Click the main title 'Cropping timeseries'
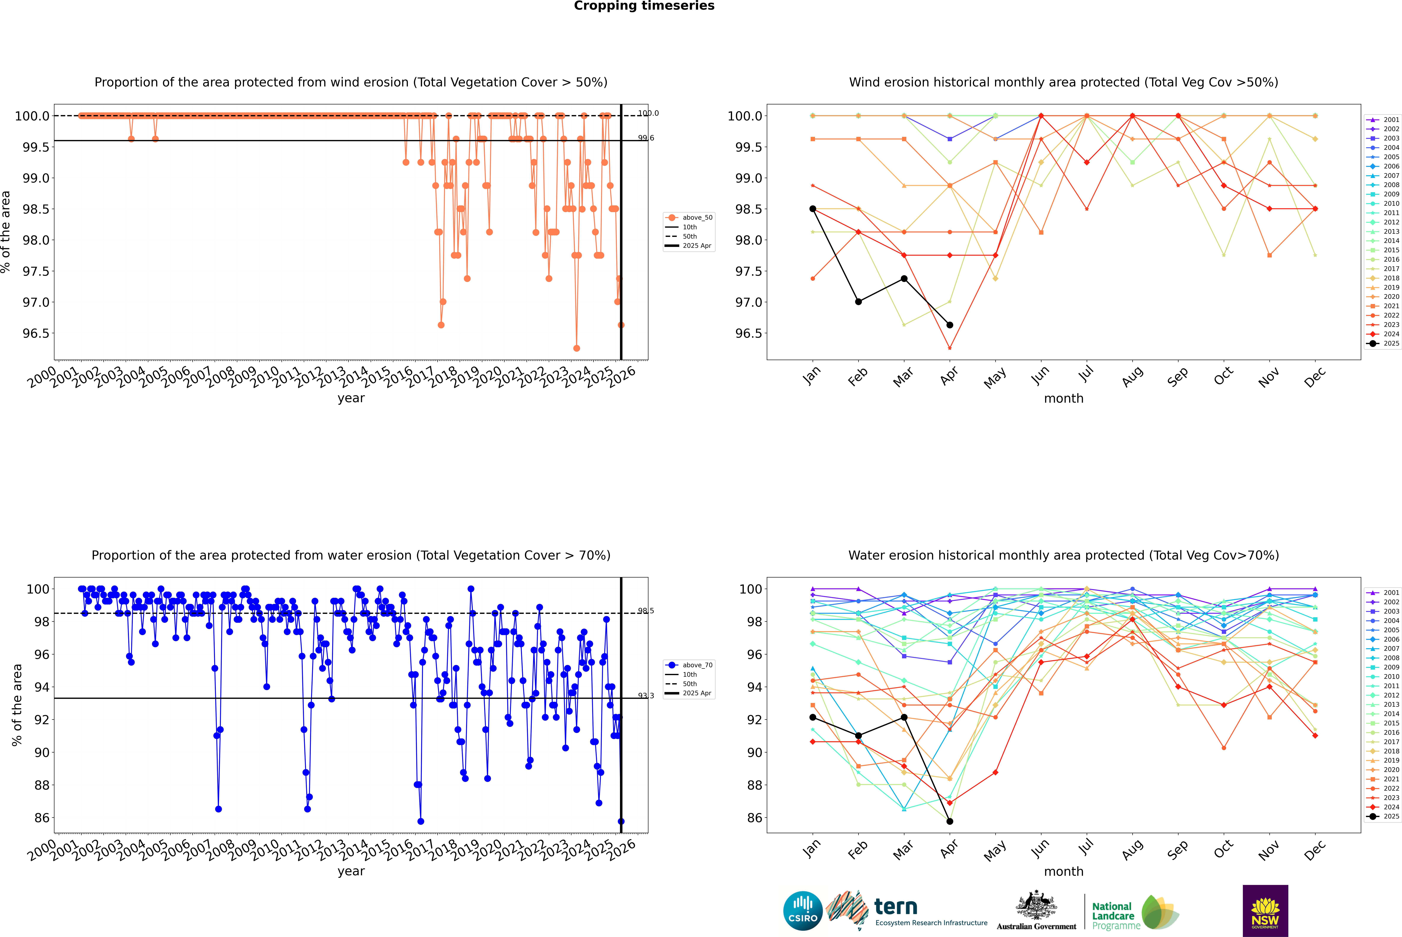(x=644, y=6)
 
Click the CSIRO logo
(x=803, y=911)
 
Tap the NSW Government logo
(x=1265, y=911)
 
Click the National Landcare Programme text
(x=1113, y=915)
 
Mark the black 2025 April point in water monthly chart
(x=950, y=821)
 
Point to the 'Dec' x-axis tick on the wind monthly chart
(x=1315, y=376)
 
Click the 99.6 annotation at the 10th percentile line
(x=645, y=138)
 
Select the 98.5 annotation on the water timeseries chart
(x=645, y=611)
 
